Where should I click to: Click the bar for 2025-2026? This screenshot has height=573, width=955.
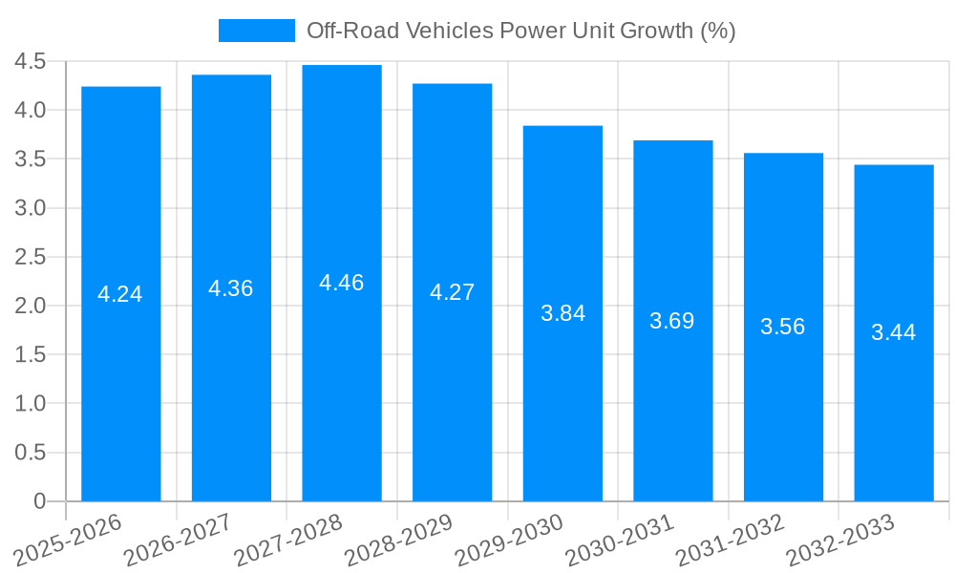click(x=120, y=382)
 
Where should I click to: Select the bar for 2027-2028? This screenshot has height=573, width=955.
click(x=342, y=382)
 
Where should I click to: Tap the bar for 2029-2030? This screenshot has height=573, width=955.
click(x=562, y=401)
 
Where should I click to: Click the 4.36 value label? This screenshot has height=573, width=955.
click(x=231, y=288)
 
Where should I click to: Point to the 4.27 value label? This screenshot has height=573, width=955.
click(x=452, y=292)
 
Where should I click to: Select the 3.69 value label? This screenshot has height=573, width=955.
click(x=672, y=321)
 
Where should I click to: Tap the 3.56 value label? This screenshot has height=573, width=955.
click(x=783, y=327)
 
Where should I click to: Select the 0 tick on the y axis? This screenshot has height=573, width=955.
click(x=39, y=501)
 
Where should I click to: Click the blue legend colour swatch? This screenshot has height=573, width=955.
click(x=257, y=31)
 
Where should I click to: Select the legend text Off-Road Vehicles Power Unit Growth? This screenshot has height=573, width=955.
click(x=520, y=31)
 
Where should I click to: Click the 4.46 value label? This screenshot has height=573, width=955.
click(x=342, y=283)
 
